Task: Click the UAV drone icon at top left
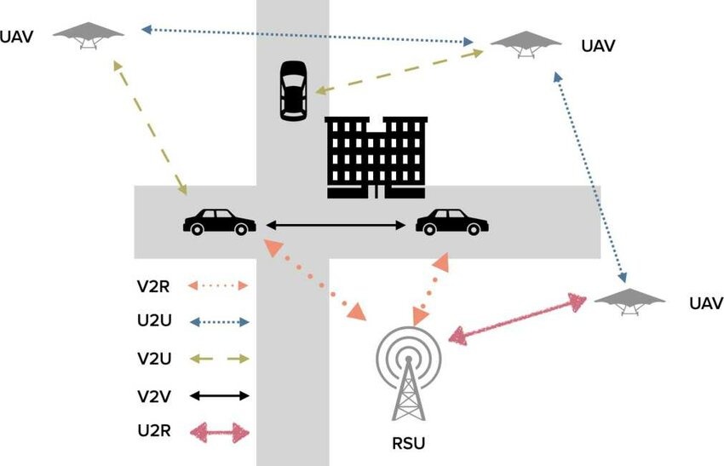[x=89, y=35]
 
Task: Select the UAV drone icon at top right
[x=525, y=43]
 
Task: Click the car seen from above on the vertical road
[x=293, y=90]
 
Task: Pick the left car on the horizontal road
[x=219, y=222]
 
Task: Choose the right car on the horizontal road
[x=451, y=222]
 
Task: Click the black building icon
[x=376, y=158]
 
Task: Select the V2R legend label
[x=154, y=286]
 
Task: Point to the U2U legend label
[x=154, y=322]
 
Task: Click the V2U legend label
[x=154, y=359]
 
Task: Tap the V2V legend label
[x=154, y=395]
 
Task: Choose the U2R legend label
[x=154, y=432]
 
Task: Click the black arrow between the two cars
[x=336, y=225]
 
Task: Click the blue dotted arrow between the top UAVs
[x=307, y=35]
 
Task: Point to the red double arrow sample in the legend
[x=219, y=433]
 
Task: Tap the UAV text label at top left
[x=17, y=37]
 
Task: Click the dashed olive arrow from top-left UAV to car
[x=150, y=128]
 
